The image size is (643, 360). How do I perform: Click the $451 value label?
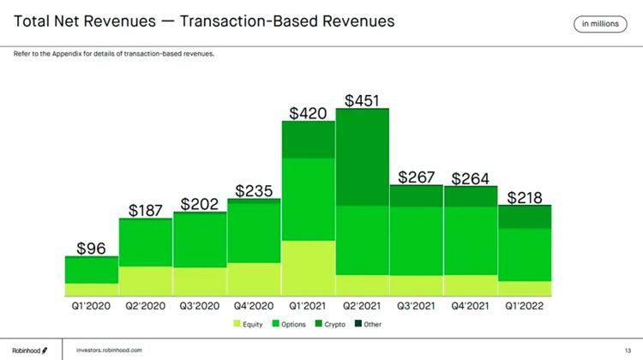tap(362, 101)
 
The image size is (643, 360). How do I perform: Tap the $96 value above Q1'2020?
tap(92, 249)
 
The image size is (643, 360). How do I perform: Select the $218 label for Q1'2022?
tap(524, 198)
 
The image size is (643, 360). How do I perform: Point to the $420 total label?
tap(308, 113)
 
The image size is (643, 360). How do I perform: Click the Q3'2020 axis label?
tap(199, 304)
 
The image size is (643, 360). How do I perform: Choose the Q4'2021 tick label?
tap(470, 304)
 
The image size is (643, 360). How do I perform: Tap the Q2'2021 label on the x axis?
tap(362, 304)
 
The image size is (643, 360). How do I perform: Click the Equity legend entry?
tap(248, 324)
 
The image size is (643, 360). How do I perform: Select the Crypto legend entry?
tap(334, 324)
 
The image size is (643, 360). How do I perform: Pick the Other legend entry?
tap(368, 324)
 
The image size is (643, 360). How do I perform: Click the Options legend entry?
tap(289, 324)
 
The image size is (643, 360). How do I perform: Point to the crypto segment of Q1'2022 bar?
tap(524, 217)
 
